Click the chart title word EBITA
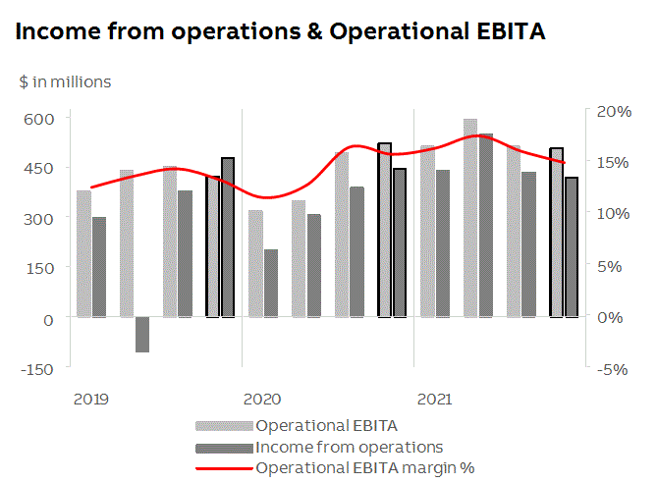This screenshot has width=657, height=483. click(x=511, y=32)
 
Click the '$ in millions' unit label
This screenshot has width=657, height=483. click(x=65, y=81)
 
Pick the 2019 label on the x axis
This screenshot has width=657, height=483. click(x=90, y=400)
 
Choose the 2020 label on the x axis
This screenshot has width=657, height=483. click(x=262, y=400)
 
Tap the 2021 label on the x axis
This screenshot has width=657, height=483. click(x=435, y=400)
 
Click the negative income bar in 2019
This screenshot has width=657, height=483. click(x=142, y=335)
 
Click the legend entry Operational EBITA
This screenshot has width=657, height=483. click(x=325, y=426)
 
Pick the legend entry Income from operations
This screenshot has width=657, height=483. click(x=349, y=447)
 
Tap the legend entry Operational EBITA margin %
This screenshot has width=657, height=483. click(x=364, y=467)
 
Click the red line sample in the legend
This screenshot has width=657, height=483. click(x=224, y=467)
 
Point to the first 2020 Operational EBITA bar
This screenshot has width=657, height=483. click(x=255, y=263)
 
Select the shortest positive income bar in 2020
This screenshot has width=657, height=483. click(x=271, y=283)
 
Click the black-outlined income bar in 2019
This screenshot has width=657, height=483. click(x=228, y=237)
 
